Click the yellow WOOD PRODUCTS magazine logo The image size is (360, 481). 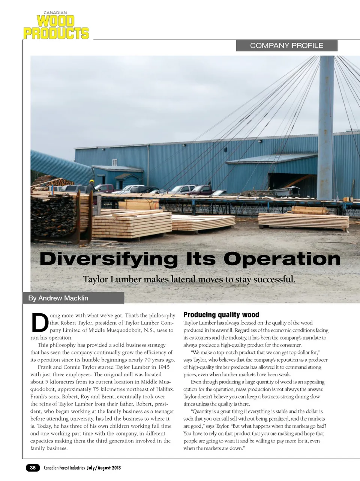tap(56, 27)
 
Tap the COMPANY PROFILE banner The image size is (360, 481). tap(286, 45)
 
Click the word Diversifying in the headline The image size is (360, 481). tap(108, 259)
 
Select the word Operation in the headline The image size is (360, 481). tap(282, 259)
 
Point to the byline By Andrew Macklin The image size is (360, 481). tap(58, 298)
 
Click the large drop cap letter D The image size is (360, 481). tap(39, 323)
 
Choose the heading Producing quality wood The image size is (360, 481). tap(221, 315)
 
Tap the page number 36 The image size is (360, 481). tap(33, 467)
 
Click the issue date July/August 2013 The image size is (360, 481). tap(104, 467)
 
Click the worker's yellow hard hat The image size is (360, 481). tap(91, 181)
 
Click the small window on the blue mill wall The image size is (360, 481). tap(114, 162)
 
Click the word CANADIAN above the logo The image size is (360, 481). tap(55, 13)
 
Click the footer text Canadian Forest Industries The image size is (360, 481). tap(64, 467)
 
